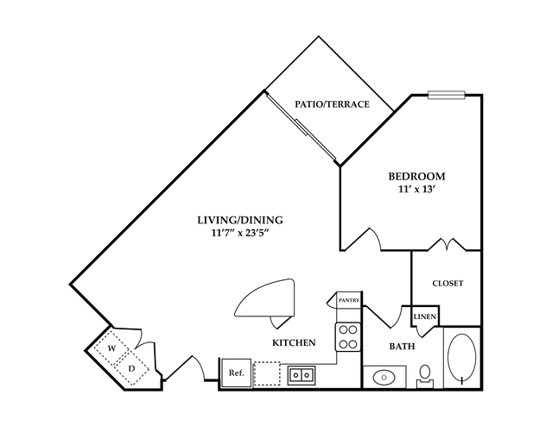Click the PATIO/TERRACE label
[332, 104]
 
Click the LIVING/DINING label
[239, 220]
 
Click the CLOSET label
[447, 283]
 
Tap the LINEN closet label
[425, 316]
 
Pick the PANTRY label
[348, 299]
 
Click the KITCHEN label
[293, 343]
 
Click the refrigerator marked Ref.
[235, 373]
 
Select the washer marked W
[111, 348]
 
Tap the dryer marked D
[132, 368]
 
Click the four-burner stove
[347, 336]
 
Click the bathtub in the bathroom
[462, 357]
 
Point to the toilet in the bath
[425, 373]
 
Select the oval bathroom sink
[384, 377]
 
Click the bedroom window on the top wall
[447, 94]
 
